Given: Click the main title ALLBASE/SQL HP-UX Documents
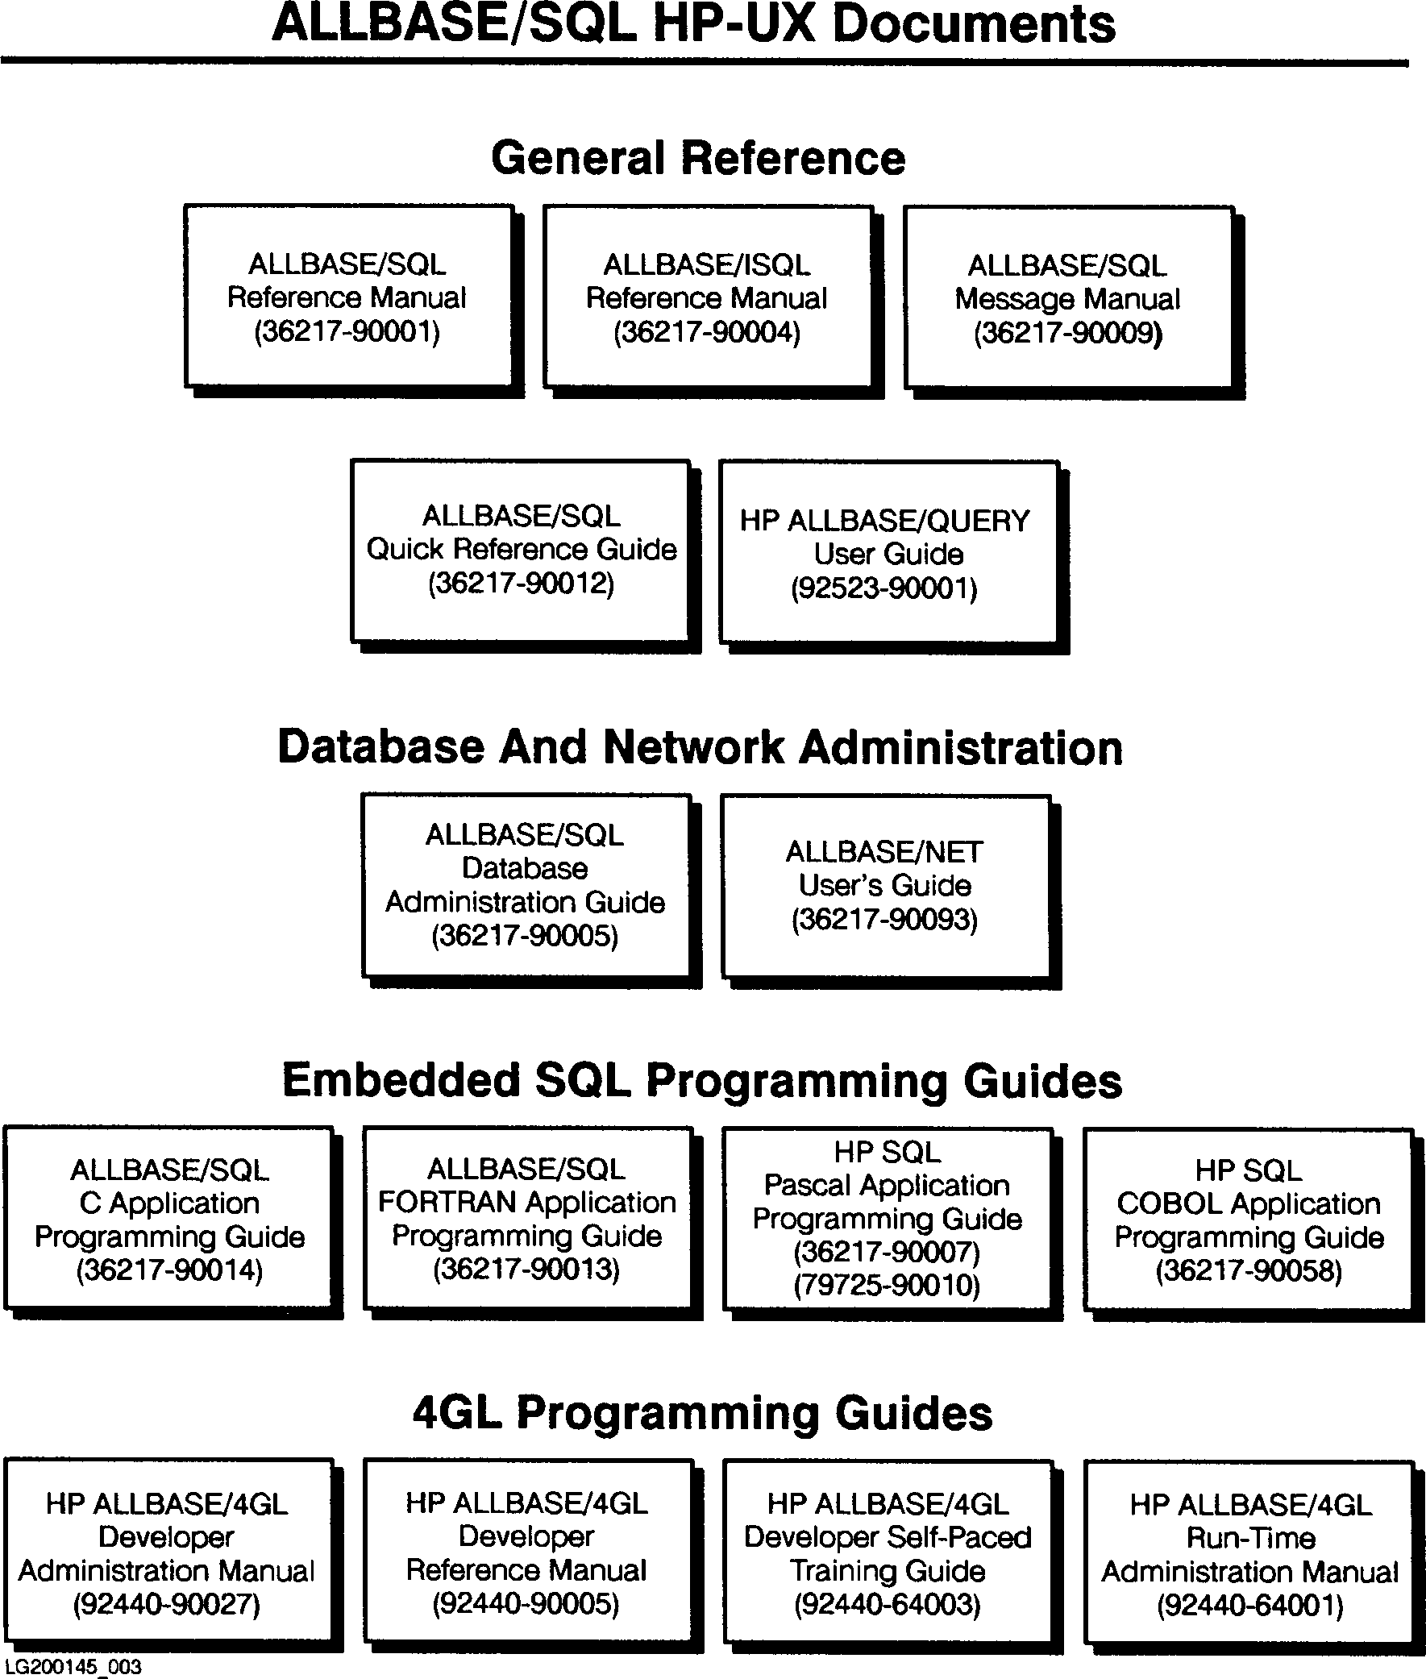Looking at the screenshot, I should [693, 24].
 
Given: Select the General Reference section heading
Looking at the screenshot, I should [697, 158].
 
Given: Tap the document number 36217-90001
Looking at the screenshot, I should [347, 331].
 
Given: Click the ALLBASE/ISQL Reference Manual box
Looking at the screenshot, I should [707, 297].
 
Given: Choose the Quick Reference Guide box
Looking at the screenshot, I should [521, 550].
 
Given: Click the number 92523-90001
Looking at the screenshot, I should [884, 588].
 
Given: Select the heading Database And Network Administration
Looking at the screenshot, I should [700, 746].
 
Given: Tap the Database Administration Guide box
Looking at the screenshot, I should [526, 885].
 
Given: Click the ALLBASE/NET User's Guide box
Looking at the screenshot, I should [885, 886].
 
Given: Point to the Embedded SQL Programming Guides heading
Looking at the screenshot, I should [701, 1081].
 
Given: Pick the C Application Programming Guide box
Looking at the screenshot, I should [168, 1218].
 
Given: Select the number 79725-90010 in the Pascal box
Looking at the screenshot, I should [887, 1285].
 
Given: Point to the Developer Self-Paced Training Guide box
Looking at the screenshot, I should [888, 1553].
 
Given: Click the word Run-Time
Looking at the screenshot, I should [1249, 1537].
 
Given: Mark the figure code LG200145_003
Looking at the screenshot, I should [73, 1667].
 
